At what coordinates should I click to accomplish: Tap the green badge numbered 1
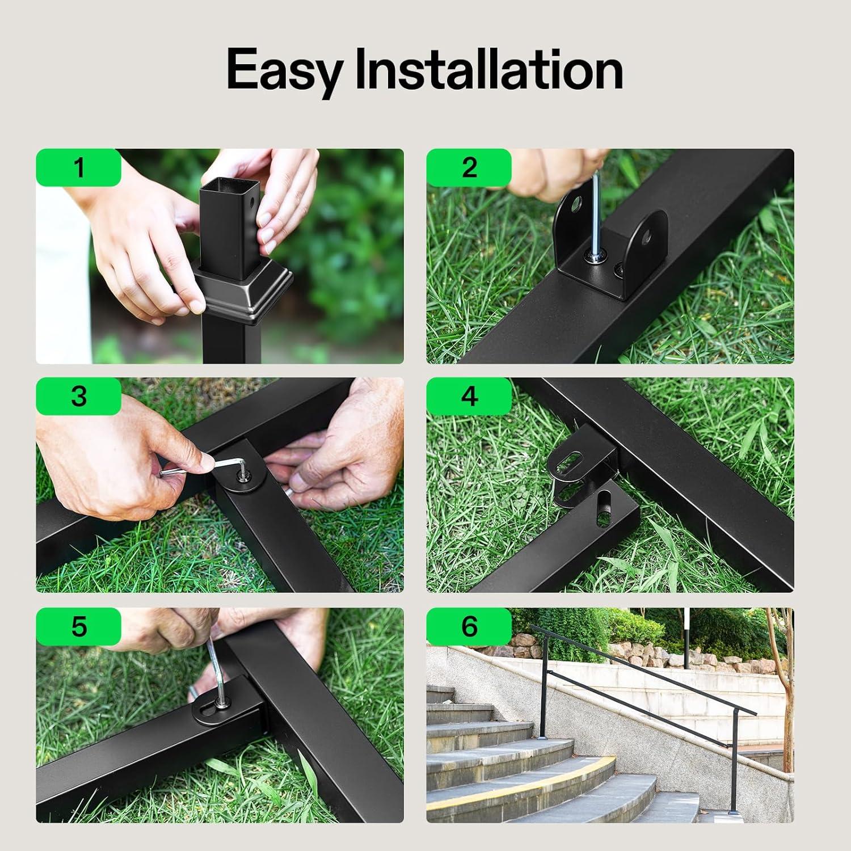coord(79,168)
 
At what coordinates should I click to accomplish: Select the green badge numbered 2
coord(469,168)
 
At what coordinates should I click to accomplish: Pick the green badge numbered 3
coord(79,396)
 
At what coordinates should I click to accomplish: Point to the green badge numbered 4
coord(469,396)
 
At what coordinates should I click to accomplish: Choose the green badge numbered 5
coord(79,626)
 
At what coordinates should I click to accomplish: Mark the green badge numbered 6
coord(469,626)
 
